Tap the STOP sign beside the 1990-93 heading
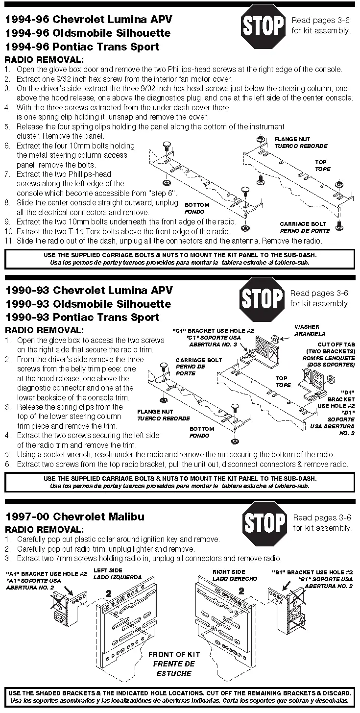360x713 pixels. tap(262, 298)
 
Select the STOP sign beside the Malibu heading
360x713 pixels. tap(264, 523)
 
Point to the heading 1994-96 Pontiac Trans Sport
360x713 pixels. tap(82, 47)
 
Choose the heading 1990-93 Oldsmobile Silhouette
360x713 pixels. tap(88, 303)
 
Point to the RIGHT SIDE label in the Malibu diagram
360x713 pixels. tap(229, 572)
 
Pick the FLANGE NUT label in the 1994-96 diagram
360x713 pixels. tap(293, 140)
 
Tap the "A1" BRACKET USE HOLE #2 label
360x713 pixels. tap(47, 573)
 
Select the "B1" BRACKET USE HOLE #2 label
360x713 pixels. tap(312, 572)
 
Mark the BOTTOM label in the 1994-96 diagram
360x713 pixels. tap(197, 205)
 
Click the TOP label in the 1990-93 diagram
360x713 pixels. tap(282, 378)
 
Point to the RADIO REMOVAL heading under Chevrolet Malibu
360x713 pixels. tap(44, 530)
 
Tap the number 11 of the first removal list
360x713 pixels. tap(9, 241)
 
